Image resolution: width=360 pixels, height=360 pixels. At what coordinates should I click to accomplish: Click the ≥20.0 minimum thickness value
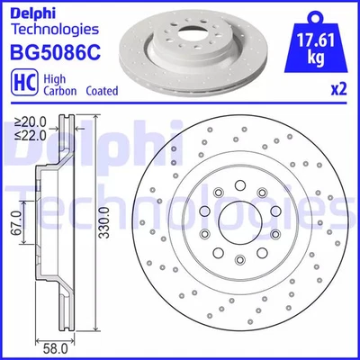pyautogui.click(x=29, y=121)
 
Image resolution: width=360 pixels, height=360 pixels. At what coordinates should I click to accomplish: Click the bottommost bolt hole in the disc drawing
pyautogui.click(x=237, y=261)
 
